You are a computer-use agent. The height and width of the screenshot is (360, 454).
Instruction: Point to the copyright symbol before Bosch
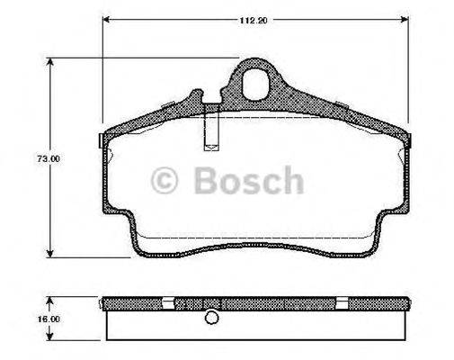pyautogui.click(x=165, y=182)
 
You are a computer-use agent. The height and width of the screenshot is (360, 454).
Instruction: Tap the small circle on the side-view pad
pyautogui.click(x=211, y=317)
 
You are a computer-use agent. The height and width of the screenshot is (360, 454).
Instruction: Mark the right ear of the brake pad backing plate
pyautogui.click(x=414, y=142)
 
